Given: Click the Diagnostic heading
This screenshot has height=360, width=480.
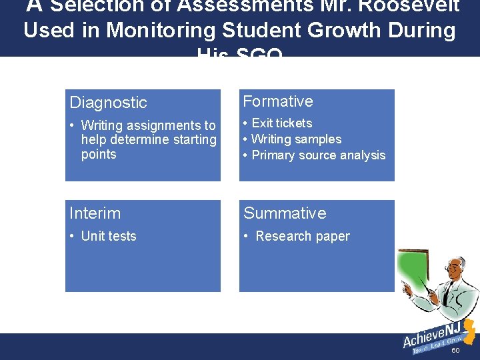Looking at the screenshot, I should [x=108, y=103].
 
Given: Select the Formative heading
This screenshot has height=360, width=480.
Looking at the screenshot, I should [x=278, y=101].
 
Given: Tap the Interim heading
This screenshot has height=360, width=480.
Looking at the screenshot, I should [x=95, y=213].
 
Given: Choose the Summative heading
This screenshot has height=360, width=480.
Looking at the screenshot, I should [x=285, y=213].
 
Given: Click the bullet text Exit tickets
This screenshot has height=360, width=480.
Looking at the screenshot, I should [x=281, y=123].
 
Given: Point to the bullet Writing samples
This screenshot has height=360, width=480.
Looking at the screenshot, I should [x=296, y=139].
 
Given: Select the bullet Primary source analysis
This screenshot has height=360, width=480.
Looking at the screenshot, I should [x=318, y=155].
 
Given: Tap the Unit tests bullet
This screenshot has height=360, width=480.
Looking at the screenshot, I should [x=108, y=236].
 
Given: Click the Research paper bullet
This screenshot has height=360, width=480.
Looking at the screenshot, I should [x=302, y=236].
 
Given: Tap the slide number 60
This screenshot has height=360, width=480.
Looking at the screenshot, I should [x=455, y=351].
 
